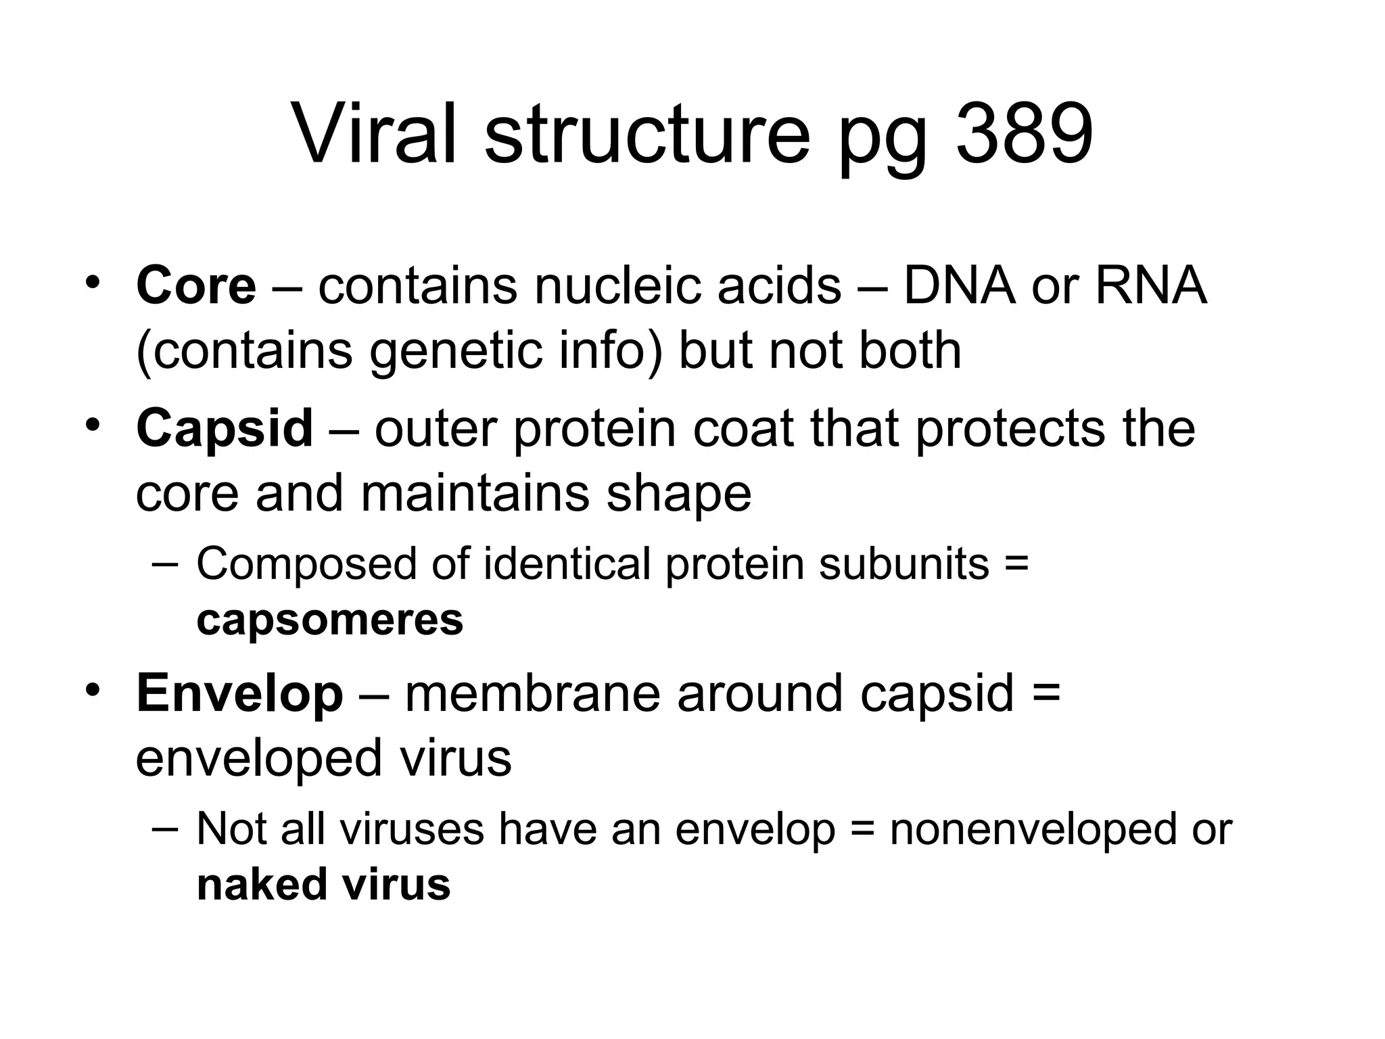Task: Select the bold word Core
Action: point(196,285)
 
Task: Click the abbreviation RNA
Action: point(1150,285)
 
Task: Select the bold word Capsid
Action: point(225,428)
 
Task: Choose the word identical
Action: point(566,563)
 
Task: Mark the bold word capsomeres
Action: point(330,620)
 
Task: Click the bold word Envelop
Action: point(239,693)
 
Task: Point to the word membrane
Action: point(532,693)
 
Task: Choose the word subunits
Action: point(903,563)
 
